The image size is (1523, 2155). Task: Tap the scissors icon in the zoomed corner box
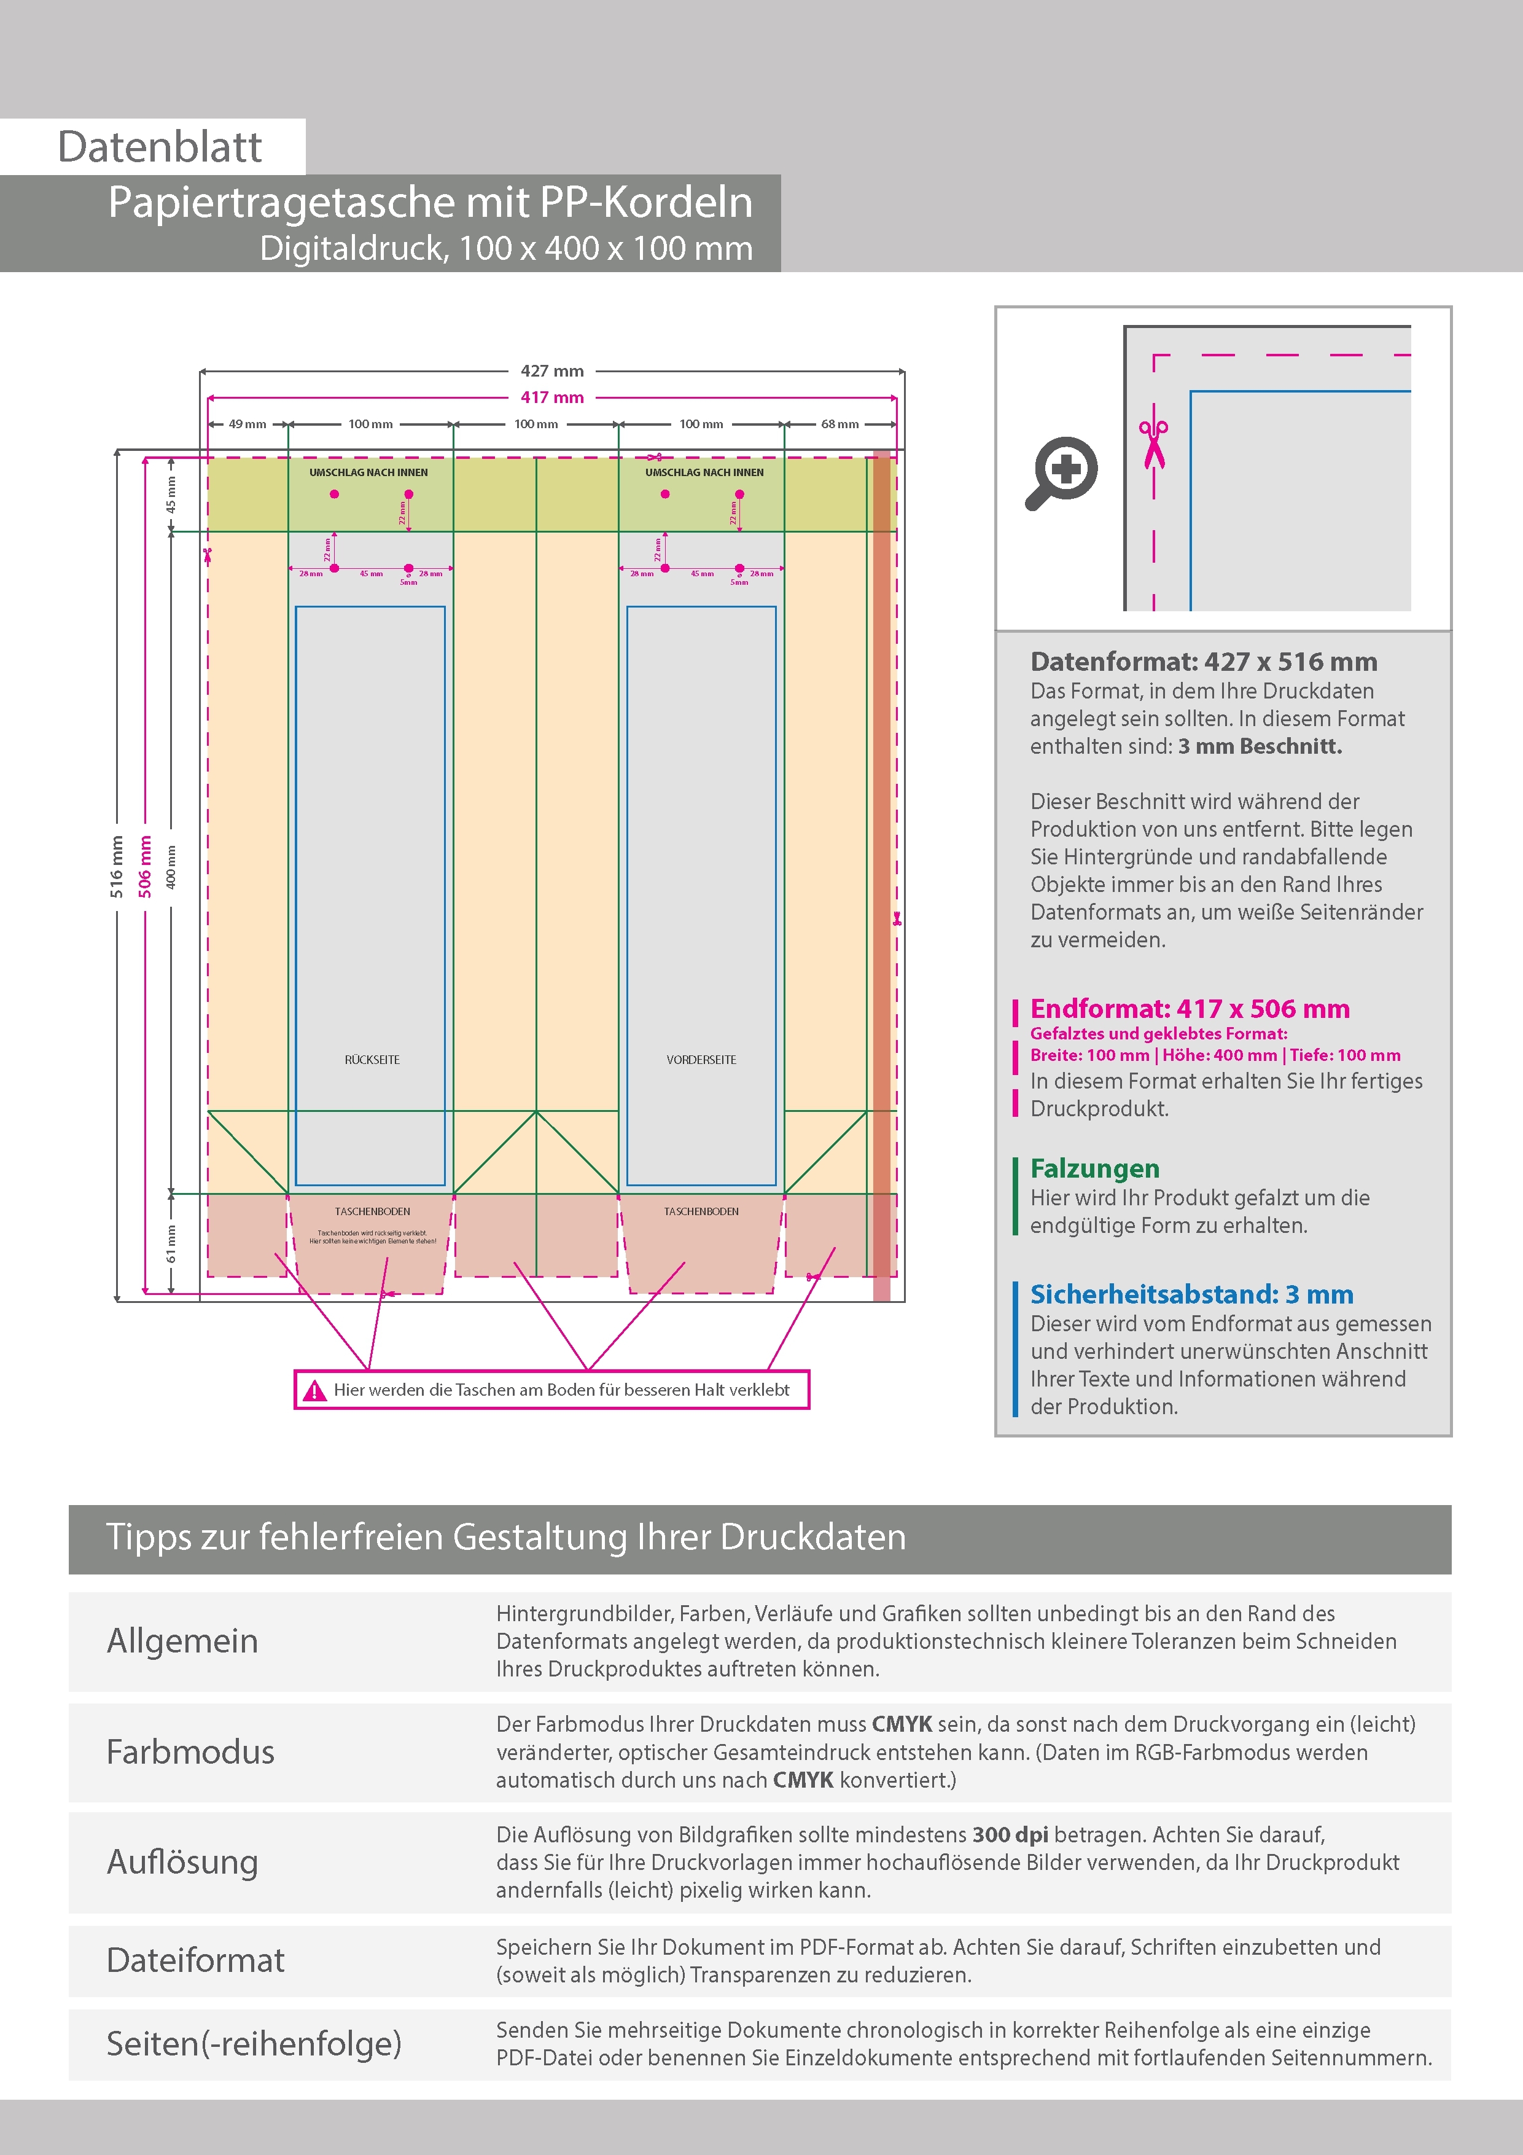(x=1153, y=445)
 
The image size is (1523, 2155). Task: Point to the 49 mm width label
(x=247, y=424)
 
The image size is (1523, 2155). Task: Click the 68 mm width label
(x=840, y=424)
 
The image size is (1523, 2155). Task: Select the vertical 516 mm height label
(x=116, y=866)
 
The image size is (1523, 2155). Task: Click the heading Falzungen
(x=1094, y=1168)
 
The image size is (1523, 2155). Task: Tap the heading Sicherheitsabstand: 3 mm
(x=1191, y=1294)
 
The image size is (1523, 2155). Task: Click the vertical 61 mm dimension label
(x=171, y=1243)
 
